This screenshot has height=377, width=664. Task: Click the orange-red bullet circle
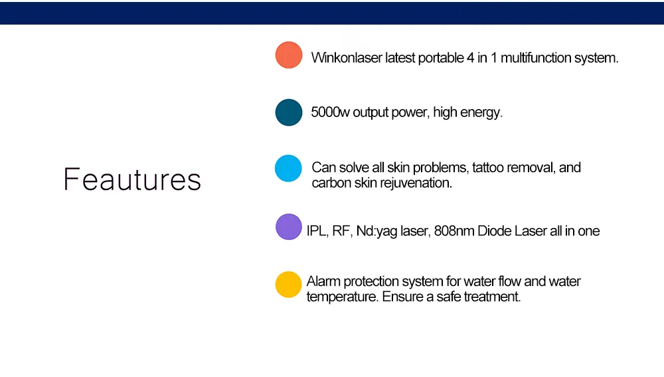tap(289, 55)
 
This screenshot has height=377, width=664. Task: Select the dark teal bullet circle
tap(289, 112)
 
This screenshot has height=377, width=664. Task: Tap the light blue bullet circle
tap(288, 168)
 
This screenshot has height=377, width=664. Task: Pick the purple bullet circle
tap(289, 227)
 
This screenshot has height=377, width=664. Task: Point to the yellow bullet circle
tap(288, 284)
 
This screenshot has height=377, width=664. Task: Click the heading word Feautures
tap(132, 180)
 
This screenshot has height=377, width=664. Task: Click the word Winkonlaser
tap(347, 58)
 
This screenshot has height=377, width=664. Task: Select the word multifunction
tap(535, 58)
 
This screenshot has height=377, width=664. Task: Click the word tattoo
tap(487, 168)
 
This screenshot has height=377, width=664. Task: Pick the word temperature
tap(342, 297)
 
